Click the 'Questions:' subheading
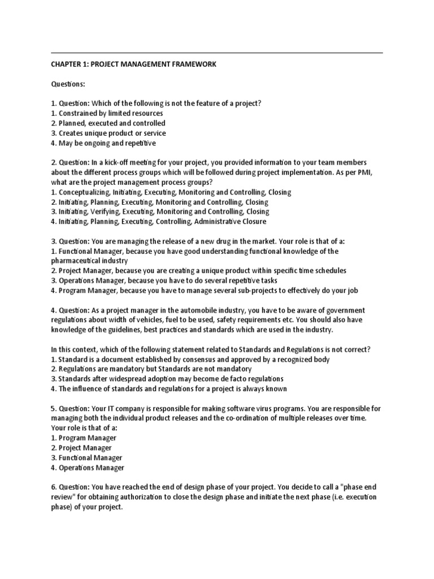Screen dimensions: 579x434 68,84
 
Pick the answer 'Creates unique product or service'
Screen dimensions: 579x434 108,133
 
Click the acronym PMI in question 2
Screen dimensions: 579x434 374,172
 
